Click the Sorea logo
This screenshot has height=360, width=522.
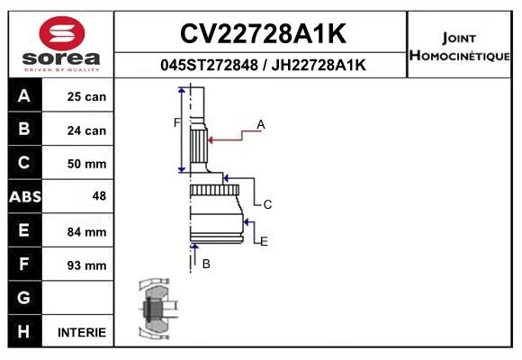click(61, 44)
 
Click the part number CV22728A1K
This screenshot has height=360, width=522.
click(262, 33)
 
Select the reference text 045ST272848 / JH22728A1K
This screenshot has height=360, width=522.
click(262, 65)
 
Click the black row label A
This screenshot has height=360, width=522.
click(24, 96)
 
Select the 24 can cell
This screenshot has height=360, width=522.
click(86, 130)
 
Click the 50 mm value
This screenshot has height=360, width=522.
click(86, 164)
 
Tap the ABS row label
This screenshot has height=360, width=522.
click(24, 197)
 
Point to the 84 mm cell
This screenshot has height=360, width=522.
click(86, 231)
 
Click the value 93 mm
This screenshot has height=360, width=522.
click(86, 265)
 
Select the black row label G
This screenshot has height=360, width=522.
click(24, 298)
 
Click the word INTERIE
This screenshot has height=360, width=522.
click(82, 332)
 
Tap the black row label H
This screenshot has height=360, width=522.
click(24, 331)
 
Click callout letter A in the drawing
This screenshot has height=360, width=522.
click(261, 124)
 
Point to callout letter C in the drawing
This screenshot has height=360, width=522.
click(267, 205)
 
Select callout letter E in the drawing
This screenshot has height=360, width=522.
click(264, 242)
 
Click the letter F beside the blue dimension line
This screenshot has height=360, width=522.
click(177, 122)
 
